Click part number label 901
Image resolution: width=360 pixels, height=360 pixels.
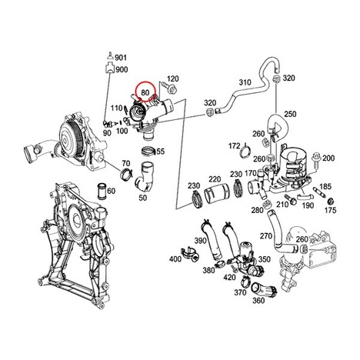(121, 57)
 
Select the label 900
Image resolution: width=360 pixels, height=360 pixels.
(122, 69)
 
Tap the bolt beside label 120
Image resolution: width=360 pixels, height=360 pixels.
(170, 88)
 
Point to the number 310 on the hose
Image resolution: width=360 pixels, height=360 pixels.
(245, 82)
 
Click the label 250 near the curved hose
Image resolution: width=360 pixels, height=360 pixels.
(290, 114)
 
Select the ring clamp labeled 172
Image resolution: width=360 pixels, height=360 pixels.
(246, 153)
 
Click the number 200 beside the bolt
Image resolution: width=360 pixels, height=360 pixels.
(328, 158)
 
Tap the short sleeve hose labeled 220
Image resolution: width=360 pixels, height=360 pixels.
(217, 194)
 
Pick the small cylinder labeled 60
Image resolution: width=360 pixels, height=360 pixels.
(101, 192)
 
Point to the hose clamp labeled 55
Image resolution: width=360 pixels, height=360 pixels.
(148, 151)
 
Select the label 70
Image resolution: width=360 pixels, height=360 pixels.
(126, 163)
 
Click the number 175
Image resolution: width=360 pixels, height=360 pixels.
(330, 210)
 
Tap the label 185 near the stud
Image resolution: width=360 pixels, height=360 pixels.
(325, 186)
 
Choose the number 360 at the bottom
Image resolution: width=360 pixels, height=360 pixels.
(258, 300)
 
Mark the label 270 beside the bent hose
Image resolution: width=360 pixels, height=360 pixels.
(266, 235)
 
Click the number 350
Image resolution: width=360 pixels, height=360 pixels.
(265, 259)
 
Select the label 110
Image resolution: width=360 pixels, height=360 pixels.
(117, 108)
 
